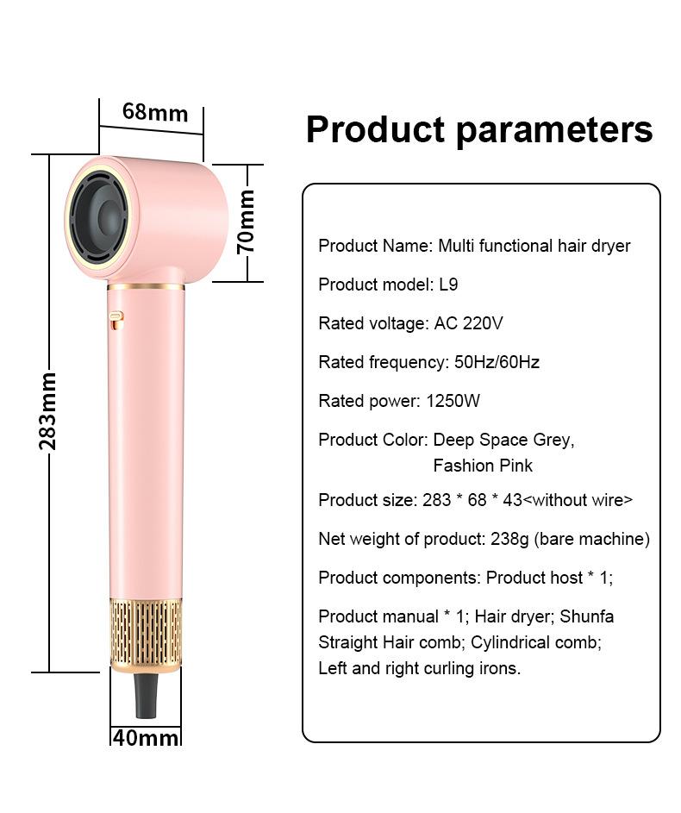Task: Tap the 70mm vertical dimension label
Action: click(x=247, y=222)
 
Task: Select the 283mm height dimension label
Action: click(x=48, y=411)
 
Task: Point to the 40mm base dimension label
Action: click(x=145, y=738)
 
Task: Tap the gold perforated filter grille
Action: click(x=146, y=635)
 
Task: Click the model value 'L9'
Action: click(x=448, y=285)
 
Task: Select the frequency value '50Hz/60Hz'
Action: click(x=497, y=362)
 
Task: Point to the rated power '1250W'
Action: click(x=453, y=401)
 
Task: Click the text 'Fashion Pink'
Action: click(x=483, y=466)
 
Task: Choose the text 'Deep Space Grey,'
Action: click(x=503, y=440)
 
